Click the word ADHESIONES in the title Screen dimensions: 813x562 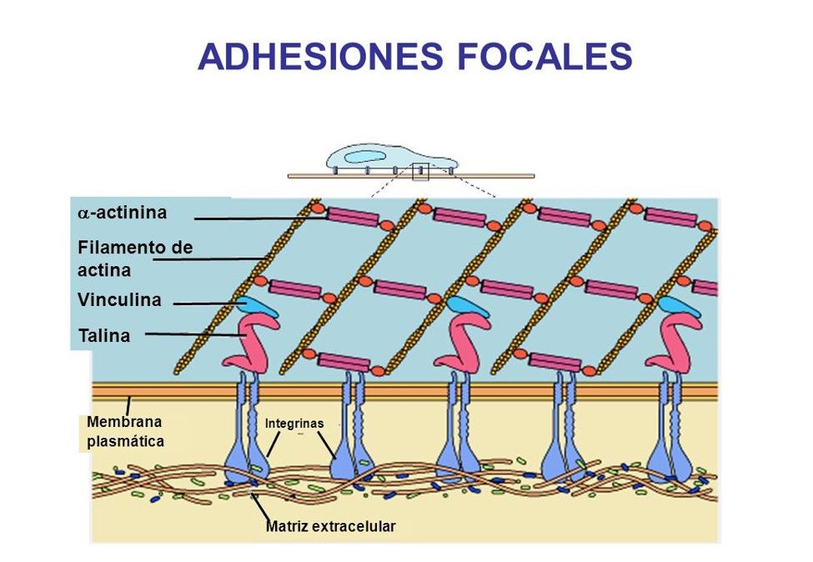320,56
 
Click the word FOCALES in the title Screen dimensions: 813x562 545,56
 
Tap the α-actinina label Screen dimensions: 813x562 123,213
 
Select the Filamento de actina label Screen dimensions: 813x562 135,258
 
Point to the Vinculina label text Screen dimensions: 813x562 119,299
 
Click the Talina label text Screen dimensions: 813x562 104,335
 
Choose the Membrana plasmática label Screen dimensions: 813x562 125,431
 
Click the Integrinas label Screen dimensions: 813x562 294,424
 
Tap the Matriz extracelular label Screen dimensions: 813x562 330,526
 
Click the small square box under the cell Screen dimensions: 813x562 420,172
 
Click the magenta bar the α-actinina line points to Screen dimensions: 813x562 352,218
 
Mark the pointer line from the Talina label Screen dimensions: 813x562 195,335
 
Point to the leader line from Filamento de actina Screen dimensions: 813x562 209,258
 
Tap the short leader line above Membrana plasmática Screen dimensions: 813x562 128,406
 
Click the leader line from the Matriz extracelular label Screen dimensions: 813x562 260,507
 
